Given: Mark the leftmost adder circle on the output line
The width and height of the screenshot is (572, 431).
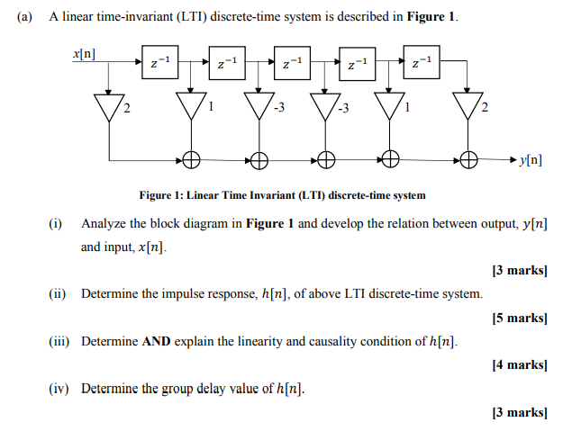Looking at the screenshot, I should tap(191, 161).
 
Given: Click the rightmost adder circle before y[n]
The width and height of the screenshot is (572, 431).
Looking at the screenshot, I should tap(468, 161).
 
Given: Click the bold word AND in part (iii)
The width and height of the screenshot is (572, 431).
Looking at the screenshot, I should tap(155, 342).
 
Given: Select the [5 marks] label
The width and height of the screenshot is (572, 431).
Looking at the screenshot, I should tap(520, 318).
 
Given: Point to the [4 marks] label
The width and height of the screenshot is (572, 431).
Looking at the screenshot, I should tap(520, 365).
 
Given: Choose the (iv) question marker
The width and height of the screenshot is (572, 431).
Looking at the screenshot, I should tap(59, 390).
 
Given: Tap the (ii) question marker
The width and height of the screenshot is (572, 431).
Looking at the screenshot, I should tap(59, 294).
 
